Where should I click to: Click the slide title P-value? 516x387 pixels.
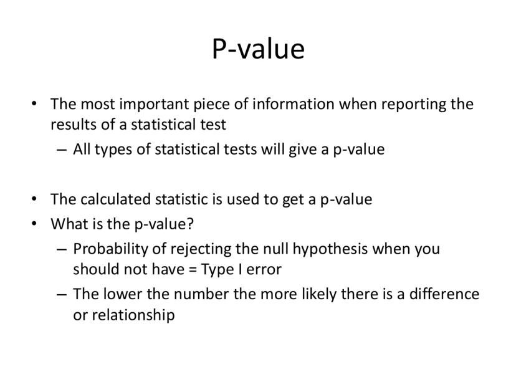click(x=259, y=49)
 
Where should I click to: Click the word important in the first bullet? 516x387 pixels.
click(x=154, y=105)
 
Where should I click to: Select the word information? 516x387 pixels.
click(x=294, y=104)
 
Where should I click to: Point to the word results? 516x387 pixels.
click(x=72, y=125)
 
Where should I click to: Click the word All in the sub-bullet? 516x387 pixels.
click(x=82, y=149)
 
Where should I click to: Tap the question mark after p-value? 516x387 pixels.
click(x=190, y=224)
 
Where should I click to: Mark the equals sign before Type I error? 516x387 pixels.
click(x=193, y=269)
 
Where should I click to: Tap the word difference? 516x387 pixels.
click(x=444, y=294)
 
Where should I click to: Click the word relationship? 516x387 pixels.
click(x=133, y=315)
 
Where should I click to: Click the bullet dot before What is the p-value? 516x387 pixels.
click(x=34, y=224)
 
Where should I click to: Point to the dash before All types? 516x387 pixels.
click(x=62, y=150)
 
